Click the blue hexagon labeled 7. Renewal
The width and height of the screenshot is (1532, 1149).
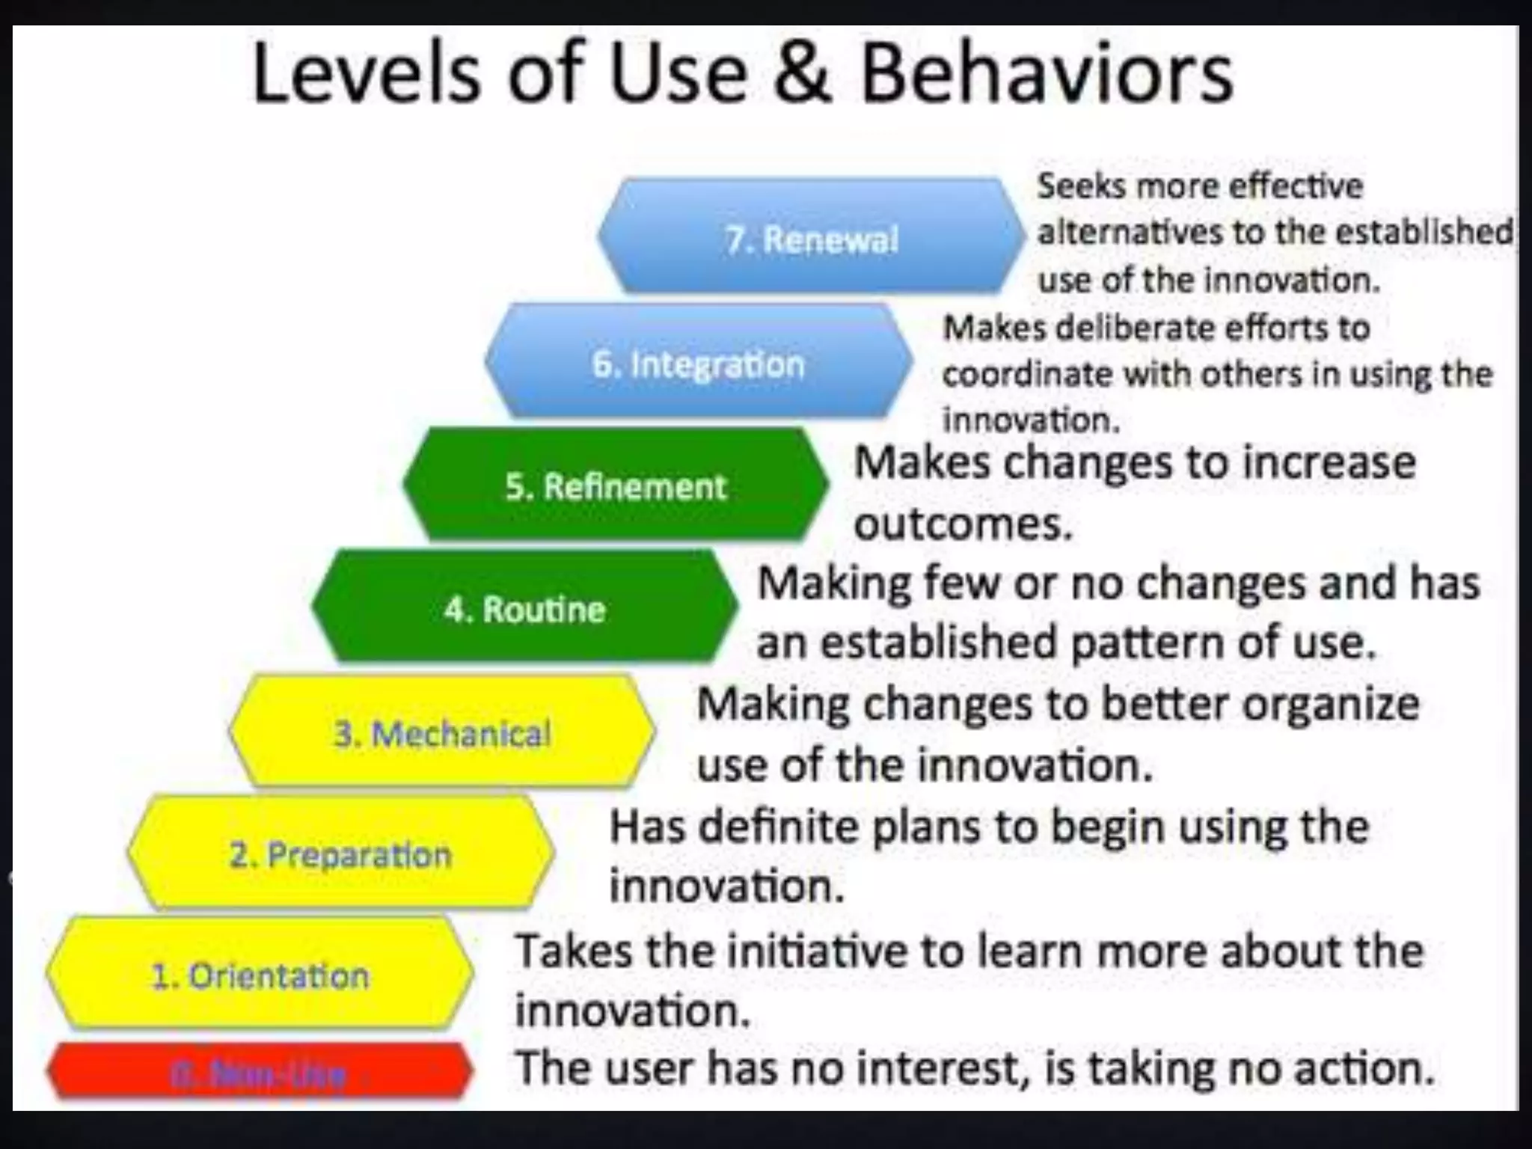(812, 237)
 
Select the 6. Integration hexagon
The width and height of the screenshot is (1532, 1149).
(698, 363)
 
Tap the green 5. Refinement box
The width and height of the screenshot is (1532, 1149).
(615, 485)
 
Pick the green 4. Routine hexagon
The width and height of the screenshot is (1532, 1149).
(525, 608)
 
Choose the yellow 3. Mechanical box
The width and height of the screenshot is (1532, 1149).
(442, 732)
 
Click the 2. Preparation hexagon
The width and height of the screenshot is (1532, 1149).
(341, 854)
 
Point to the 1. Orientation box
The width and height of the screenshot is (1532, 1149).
(260, 975)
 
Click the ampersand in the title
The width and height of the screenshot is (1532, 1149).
(803, 75)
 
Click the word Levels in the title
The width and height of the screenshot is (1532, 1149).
(367, 75)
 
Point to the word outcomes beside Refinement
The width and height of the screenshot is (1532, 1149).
(963, 524)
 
